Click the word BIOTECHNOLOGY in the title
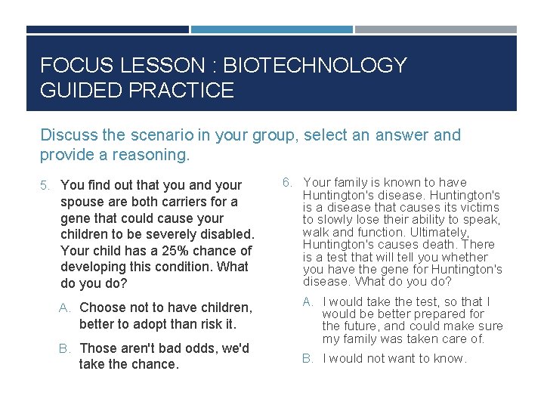coord(317,66)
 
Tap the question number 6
coord(287,182)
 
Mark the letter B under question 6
coord(308,358)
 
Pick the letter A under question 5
coord(65,308)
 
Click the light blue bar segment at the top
coord(271,29)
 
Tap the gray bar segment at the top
coord(436,29)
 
